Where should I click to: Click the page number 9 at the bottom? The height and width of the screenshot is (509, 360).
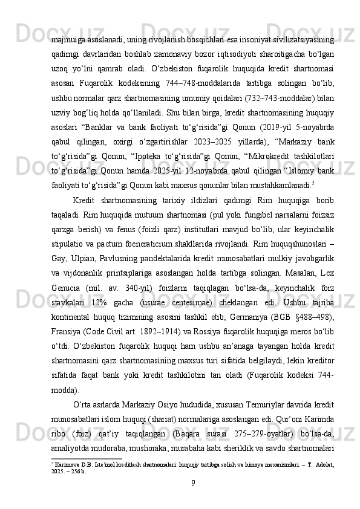coord(192,482)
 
